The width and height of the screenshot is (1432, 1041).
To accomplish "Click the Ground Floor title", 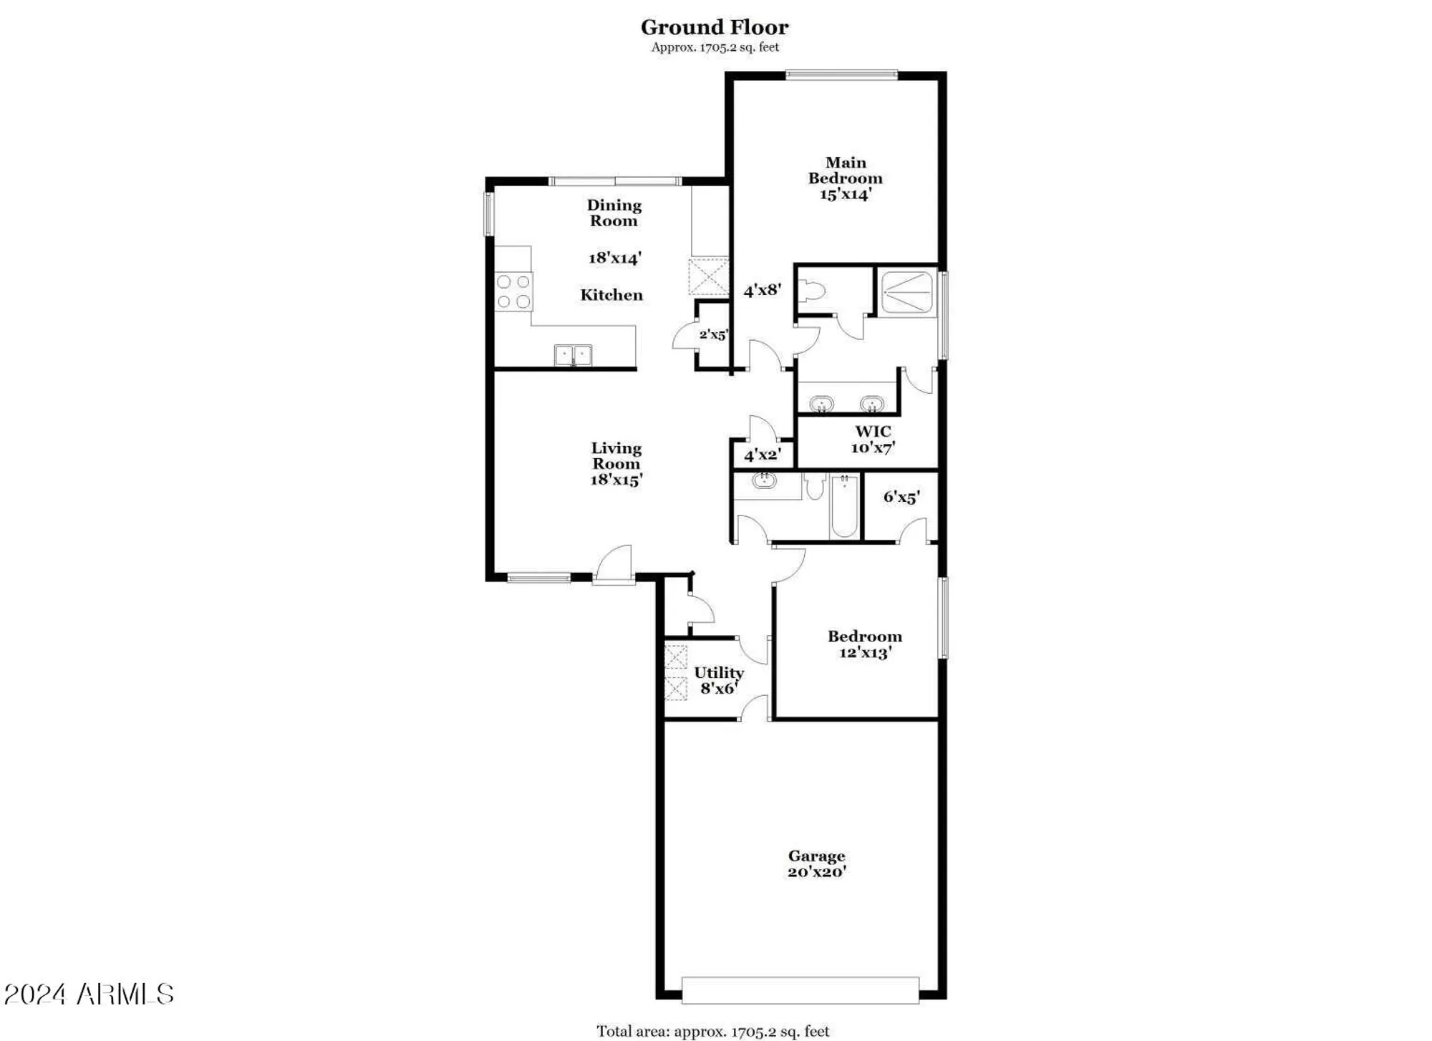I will click(x=714, y=27).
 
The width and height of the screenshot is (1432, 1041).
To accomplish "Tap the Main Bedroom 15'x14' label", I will click(x=845, y=178).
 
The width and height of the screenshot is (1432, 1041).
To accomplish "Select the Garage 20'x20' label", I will click(x=816, y=863).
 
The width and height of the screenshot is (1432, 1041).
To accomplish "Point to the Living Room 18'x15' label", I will click(x=616, y=464).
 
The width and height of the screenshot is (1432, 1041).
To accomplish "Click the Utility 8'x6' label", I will click(x=718, y=680).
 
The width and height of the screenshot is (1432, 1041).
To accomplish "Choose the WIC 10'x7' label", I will click(x=873, y=440).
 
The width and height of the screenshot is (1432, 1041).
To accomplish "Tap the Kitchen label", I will click(x=611, y=295).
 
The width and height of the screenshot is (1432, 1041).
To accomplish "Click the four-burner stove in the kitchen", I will click(x=514, y=291).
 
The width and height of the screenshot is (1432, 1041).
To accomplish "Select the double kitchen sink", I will click(x=573, y=355).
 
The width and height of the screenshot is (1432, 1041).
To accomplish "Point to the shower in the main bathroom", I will click(x=907, y=291).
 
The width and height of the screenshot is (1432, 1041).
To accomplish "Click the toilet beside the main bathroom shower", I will click(x=815, y=291).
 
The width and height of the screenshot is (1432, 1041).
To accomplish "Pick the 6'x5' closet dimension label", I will click(x=901, y=497).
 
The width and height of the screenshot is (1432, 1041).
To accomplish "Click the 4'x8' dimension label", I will click(x=762, y=290).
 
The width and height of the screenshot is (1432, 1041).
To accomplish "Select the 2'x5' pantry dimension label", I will click(x=713, y=334).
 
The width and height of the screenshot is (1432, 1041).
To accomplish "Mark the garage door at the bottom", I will click(x=800, y=990).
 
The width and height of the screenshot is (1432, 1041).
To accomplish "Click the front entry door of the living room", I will click(x=614, y=566).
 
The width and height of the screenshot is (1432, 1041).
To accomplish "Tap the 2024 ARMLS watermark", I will click(x=89, y=994).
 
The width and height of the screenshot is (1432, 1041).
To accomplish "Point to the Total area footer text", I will click(x=712, y=1031).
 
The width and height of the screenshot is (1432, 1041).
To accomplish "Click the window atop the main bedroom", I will click(x=841, y=74).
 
